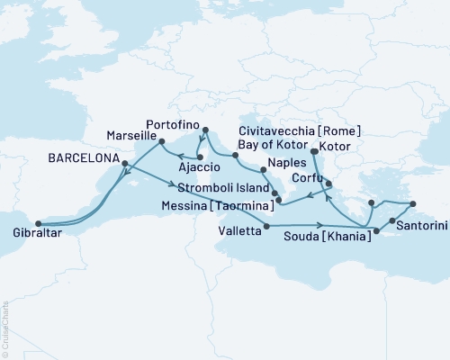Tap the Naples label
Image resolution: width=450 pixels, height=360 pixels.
(x=289, y=168)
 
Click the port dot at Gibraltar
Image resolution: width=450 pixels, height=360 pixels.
(x=37, y=224)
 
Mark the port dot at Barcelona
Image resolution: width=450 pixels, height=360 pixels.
(x=124, y=164)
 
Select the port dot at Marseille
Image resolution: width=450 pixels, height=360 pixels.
(x=161, y=141)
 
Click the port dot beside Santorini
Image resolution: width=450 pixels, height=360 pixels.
(x=393, y=220)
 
